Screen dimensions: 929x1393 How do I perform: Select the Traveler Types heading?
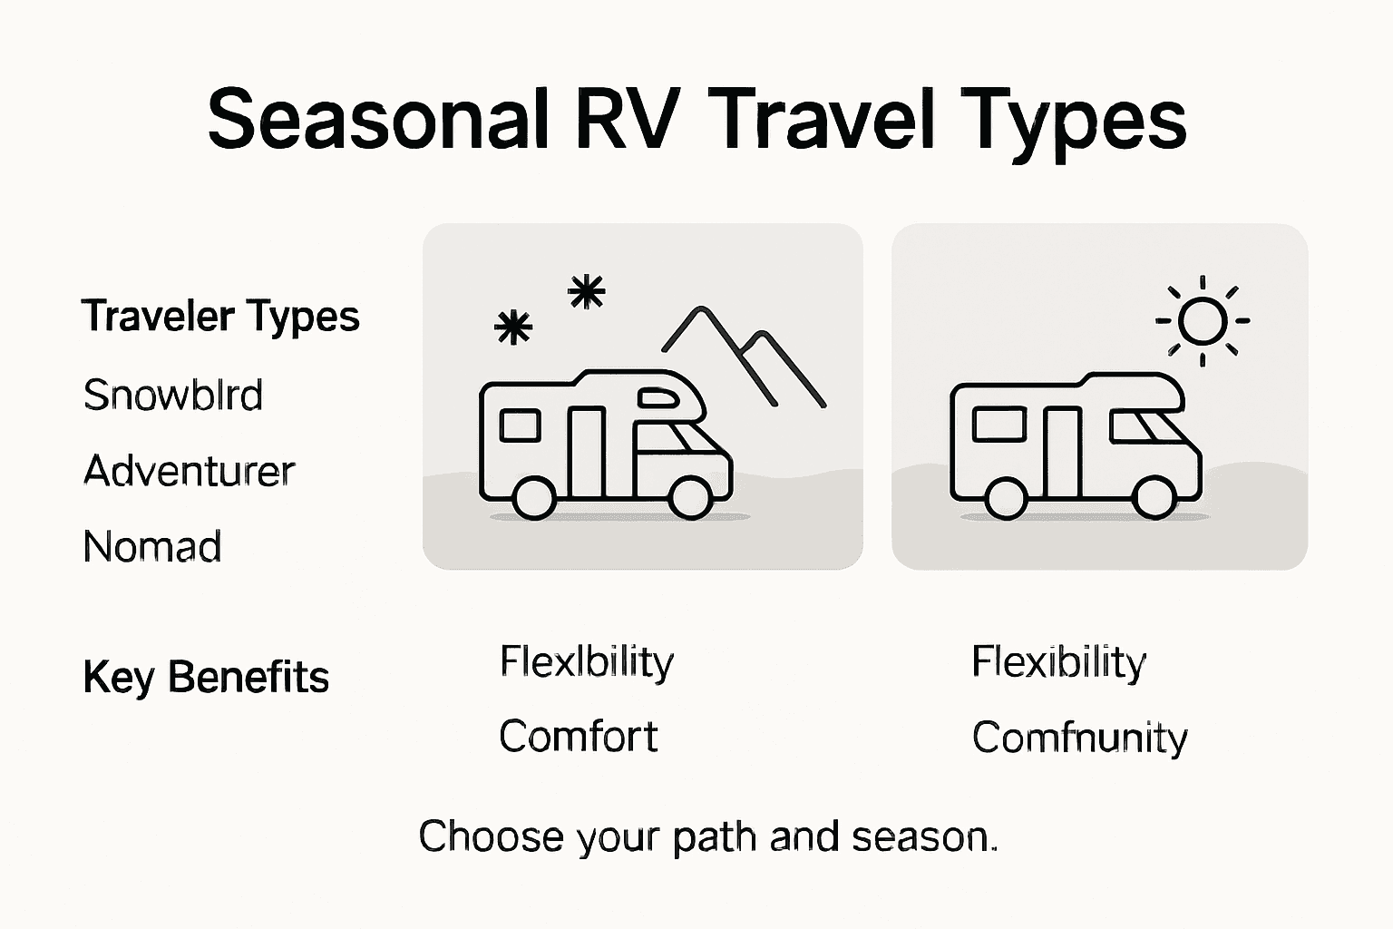220,317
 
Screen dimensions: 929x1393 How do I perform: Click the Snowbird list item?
172,396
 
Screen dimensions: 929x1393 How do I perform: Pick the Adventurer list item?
189,471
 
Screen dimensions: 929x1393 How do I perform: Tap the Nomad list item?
151,547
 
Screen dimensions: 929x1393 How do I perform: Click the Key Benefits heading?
205,678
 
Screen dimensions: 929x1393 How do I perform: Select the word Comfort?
578,736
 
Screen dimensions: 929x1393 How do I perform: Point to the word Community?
1079,738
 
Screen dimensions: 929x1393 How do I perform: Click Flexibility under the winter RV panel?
586,661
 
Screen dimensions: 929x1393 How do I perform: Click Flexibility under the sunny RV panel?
1058,661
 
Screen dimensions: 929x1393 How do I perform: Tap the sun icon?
1203,320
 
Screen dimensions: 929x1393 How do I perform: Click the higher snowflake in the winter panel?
586,292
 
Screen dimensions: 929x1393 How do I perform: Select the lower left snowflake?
513,328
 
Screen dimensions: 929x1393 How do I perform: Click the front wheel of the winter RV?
690,496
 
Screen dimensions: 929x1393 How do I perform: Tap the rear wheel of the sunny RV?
1006,496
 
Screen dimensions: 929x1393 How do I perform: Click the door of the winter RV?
587,451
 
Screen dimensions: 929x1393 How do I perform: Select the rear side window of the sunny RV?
998,424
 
